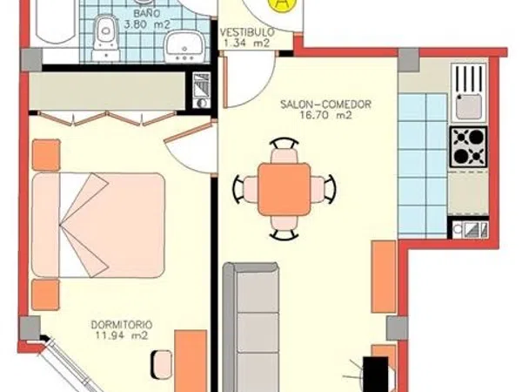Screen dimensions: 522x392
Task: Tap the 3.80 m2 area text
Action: pos(147,24)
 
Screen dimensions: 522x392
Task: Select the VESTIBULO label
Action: pos(247,32)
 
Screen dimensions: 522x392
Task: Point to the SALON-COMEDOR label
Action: pos(325,105)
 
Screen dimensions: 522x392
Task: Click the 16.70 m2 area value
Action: pos(326,115)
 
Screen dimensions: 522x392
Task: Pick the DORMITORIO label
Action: pos(122,324)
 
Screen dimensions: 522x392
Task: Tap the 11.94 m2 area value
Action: pos(122,335)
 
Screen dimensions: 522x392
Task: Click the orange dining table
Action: pos(284,189)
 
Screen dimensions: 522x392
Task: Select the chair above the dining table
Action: pos(284,151)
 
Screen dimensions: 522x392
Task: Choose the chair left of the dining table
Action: pos(245,189)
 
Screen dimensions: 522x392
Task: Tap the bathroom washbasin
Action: pos(184,47)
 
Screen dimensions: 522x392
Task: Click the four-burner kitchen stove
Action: pos(469,146)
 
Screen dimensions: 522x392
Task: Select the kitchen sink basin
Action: pos(469,106)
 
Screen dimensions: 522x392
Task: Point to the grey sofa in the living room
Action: pos(251,327)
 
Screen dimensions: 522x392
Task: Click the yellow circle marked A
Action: pos(282,3)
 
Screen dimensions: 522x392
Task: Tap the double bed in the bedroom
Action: pos(98,225)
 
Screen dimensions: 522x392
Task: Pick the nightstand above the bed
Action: pos(46,155)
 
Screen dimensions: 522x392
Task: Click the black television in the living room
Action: pos(376,374)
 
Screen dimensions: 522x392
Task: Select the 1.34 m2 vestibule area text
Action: pos(247,44)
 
